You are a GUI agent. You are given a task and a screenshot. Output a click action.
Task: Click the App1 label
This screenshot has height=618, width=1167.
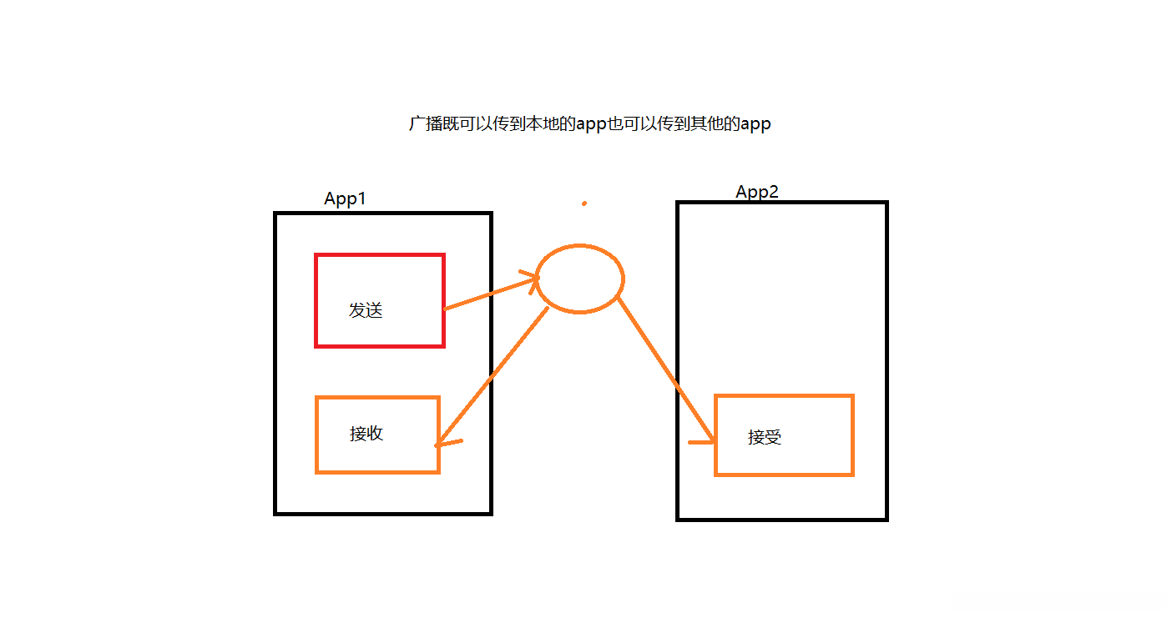(345, 198)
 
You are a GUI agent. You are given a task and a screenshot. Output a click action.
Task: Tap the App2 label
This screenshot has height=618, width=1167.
(756, 192)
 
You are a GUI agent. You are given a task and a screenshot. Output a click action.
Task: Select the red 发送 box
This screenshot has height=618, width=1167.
(379, 299)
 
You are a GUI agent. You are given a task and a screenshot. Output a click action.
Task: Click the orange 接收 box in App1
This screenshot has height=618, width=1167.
(377, 435)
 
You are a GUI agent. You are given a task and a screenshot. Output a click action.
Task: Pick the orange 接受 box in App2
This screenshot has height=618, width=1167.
(784, 435)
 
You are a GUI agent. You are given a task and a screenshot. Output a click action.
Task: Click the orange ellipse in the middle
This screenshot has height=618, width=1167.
(579, 279)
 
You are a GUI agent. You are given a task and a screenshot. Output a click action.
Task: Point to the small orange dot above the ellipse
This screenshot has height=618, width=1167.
(584, 203)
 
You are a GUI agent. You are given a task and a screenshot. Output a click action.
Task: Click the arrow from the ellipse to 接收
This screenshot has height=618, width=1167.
(493, 375)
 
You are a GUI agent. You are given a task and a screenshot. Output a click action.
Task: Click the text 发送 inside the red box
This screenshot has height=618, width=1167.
(366, 310)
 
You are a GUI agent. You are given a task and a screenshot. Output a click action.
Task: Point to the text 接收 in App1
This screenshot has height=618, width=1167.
(366, 434)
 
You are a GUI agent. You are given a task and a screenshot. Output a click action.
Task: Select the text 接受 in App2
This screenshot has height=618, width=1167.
(765, 437)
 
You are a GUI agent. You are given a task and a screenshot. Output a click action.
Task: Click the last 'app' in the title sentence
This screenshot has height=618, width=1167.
(755, 125)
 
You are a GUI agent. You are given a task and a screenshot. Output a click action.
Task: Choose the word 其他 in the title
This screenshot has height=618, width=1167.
(700, 124)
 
